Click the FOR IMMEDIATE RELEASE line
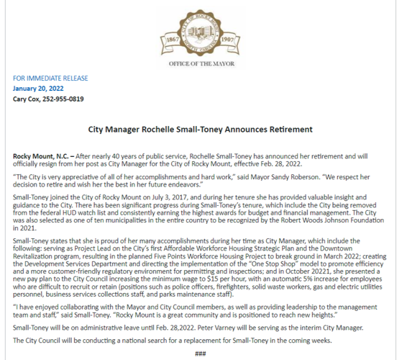click(x=45, y=78)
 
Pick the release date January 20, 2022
click(x=40, y=89)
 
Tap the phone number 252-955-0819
click(x=63, y=99)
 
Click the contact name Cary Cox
click(x=27, y=99)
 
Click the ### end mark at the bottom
click(x=201, y=354)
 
